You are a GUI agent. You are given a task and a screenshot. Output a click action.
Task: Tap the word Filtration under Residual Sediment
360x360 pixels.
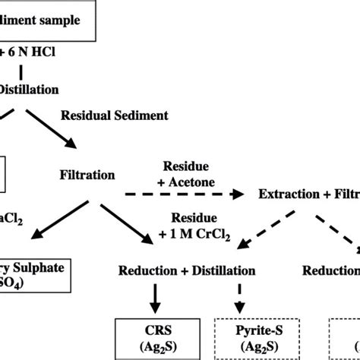click(x=87, y=175)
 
